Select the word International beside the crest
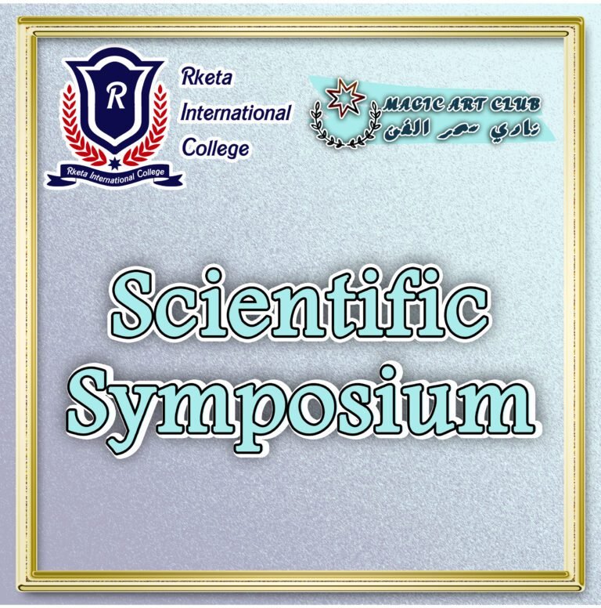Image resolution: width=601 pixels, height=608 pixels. [236, 113]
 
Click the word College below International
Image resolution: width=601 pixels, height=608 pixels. [215, 147]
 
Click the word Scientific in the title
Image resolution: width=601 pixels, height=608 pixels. [300, 308]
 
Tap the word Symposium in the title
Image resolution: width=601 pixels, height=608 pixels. [300, 404]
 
